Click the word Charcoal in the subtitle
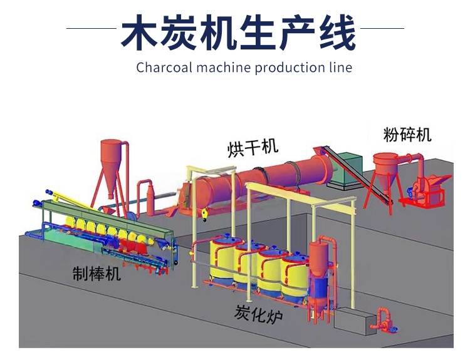point(164,67)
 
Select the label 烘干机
point(253,148)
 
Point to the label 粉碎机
point(407,134)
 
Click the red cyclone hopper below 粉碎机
point(385,165)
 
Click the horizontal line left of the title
point(91,28)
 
